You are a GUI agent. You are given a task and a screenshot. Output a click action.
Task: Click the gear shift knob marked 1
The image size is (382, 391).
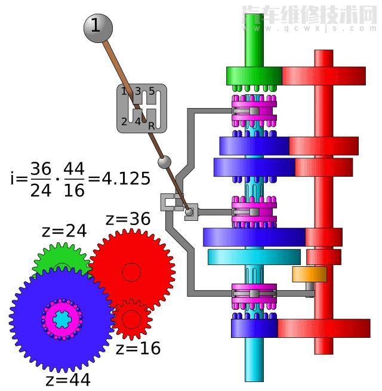[98, 28]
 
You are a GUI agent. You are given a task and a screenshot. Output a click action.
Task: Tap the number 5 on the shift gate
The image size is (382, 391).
[152, 91]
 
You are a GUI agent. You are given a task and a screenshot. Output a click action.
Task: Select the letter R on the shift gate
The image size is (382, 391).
[152, 126]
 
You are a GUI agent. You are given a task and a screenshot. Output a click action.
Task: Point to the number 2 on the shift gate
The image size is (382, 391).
[124, 122]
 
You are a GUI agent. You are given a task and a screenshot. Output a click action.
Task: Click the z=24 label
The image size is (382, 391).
[64, 231]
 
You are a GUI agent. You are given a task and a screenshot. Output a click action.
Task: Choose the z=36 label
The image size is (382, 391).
[128, 219]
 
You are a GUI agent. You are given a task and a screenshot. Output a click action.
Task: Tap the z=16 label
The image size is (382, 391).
[138, 348]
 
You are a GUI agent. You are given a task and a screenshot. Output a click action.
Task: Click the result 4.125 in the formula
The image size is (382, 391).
[127, 178]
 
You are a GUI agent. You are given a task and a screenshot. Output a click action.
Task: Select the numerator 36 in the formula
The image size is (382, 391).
[41, 169]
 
